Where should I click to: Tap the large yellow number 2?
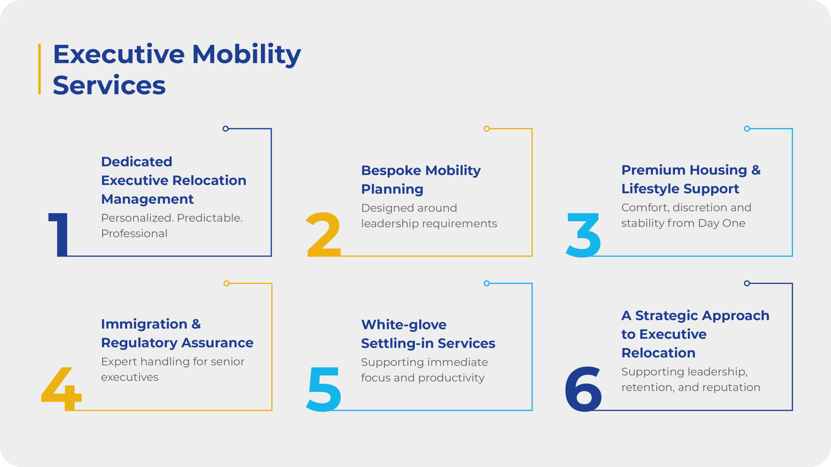coord(324,234)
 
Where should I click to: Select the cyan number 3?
coord(583,235)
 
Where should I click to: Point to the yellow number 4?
coord(62,389)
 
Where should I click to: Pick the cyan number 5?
coord(324,389)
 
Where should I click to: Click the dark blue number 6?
coord(583,389)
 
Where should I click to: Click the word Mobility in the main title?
coord(247,54)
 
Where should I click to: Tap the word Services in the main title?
coord(109,86)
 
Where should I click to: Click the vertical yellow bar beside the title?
coord(40,69)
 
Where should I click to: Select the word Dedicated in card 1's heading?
coord(136,162)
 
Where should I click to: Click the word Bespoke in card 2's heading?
coord(391,171)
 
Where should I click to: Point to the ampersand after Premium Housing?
coord(756,170)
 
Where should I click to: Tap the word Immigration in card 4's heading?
coord(144,324)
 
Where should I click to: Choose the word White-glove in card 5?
coord(404,325)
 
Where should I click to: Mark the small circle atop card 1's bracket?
coord(226,129)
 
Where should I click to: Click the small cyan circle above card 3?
coord(747,129)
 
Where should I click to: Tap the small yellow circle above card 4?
coord(227,283)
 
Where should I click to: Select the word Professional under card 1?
coord(134,233)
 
